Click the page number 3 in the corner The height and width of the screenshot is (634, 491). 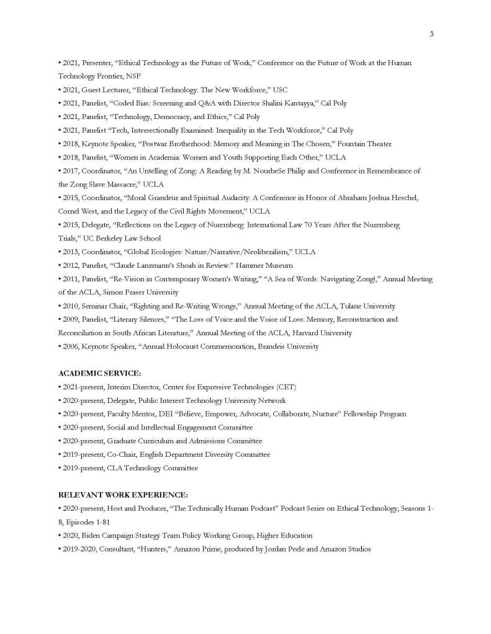[x=431, y=33]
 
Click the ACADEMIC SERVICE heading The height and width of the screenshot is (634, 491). [x=100, y=373]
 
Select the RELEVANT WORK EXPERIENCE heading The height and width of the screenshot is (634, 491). [x=123, y=495]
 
